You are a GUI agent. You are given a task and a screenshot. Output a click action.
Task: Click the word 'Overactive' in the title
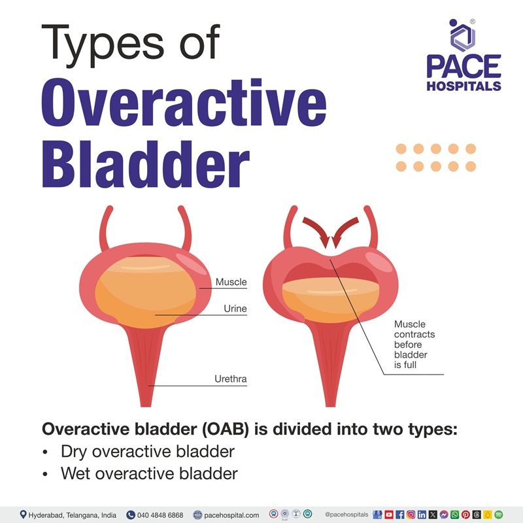click(x=184, y=103)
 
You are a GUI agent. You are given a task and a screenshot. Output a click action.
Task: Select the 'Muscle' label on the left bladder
click(x=231, y=282)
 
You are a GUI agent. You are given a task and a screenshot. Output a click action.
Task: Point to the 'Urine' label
click(x=234, y=309)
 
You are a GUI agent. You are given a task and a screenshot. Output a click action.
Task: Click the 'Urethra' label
click(x=230, y=379)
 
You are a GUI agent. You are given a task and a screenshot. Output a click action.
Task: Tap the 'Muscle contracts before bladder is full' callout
click(x=414, y=344)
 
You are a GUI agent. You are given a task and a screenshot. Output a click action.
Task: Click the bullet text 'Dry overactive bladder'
click(x=147, y=452)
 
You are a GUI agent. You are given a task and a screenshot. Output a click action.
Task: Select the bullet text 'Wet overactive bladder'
click(x=149, y=474)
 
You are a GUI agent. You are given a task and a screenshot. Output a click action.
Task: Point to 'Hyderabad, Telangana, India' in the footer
click(x=72, y=515)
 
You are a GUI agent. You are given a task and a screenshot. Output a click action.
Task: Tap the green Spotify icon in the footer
click(x=499, y=515)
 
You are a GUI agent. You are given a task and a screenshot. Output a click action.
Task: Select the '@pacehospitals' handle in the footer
click(x=346, y=515)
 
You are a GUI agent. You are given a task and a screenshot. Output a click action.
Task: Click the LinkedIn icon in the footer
click(x=422, y=515)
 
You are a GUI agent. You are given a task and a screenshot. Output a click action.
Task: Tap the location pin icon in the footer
click(x=24, y=515)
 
